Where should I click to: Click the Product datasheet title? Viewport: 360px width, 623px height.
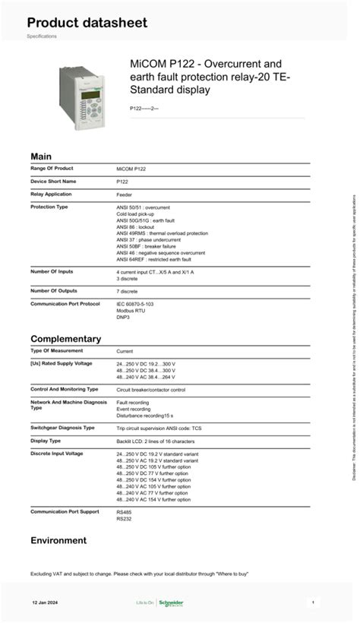pos(87,23)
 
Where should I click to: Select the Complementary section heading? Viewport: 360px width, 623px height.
pos(65,339)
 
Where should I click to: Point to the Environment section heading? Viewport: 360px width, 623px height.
pos(58,540)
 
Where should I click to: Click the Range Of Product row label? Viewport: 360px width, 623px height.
pos(52,168)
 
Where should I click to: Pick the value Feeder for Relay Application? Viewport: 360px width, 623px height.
pos(125,194)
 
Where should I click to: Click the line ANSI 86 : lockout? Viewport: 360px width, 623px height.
pos(135,226)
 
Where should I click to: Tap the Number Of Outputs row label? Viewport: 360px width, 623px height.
pos(55,290)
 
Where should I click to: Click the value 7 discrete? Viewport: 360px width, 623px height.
pos(128,291)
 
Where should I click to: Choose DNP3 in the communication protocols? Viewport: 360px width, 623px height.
pos(124,317)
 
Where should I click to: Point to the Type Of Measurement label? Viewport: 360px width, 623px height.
pos(56,350)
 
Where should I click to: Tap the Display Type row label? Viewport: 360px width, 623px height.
pos(46,441)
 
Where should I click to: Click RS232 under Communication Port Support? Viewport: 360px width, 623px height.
pos(124,519)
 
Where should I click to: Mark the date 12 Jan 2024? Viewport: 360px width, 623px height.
pos(45,602)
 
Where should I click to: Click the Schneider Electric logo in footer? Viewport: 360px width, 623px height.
pos(170,603)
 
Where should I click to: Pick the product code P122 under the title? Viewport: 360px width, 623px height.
pos(144,109)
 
